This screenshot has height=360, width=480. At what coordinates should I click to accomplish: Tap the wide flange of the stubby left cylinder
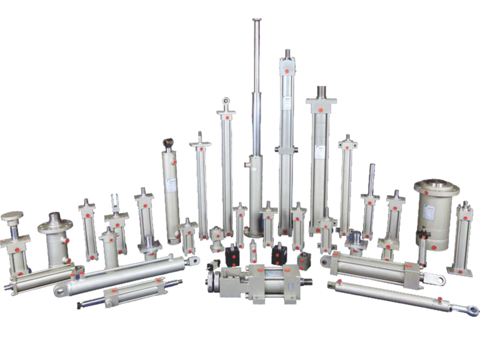[55, 227]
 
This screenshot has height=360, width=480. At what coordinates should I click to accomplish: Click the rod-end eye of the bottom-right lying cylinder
[473, 310]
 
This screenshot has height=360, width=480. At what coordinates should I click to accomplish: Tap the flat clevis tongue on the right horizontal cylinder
[436, 279]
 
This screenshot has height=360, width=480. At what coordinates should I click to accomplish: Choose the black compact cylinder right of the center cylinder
[278, 254]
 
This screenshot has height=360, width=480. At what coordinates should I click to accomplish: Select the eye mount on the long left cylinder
[193, 260]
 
